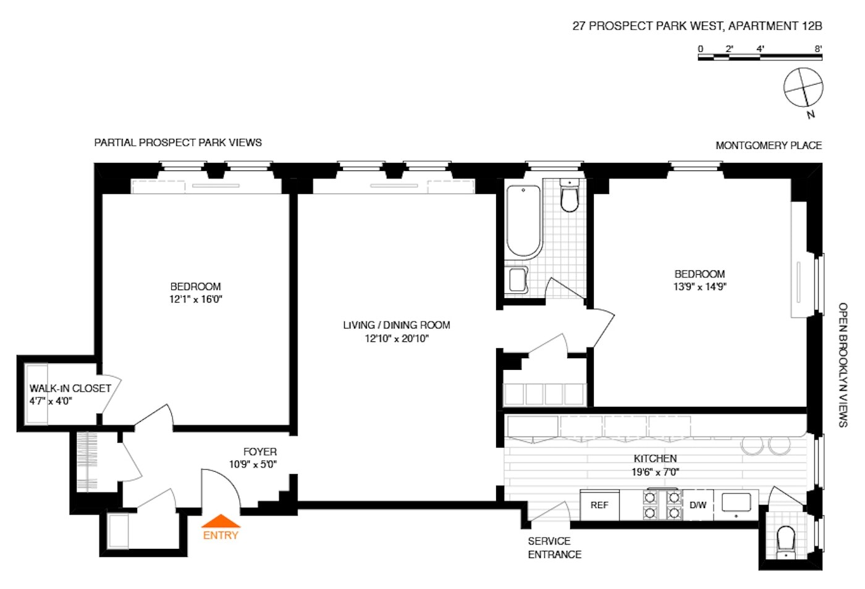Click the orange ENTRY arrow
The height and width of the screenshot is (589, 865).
(x=221, y=522)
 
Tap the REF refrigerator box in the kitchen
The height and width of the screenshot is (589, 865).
(x=599, y=505)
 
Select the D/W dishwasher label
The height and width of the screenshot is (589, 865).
(x=698, y=505)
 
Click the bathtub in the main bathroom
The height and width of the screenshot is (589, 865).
(x=523, y=220)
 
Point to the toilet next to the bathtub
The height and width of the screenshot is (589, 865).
(x=569, y=196)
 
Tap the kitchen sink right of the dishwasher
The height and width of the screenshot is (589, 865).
(x=736, y=503)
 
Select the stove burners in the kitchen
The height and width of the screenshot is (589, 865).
(x=662, y=505)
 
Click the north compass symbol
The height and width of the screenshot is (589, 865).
(x=803, y=87)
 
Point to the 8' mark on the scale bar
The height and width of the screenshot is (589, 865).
(x=818, y=49)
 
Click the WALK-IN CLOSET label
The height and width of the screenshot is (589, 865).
(x=70, y=388)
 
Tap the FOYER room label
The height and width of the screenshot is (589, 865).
(x=259, y=452)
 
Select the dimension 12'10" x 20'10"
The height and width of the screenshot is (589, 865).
(x=396, y=338)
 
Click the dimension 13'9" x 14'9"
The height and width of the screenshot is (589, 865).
(x=699, y=287)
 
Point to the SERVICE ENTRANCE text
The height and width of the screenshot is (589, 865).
(x=554, y=548)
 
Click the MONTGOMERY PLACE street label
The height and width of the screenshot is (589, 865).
(x=768, y=146)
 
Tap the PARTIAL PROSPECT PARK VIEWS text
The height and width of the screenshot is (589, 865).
(x=178, y=143)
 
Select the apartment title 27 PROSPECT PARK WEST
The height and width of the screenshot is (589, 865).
(x=697, y=26)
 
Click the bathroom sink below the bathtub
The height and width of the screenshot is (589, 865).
(x=518, y=280)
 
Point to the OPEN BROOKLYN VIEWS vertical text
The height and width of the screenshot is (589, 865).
(x=843, y=364)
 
